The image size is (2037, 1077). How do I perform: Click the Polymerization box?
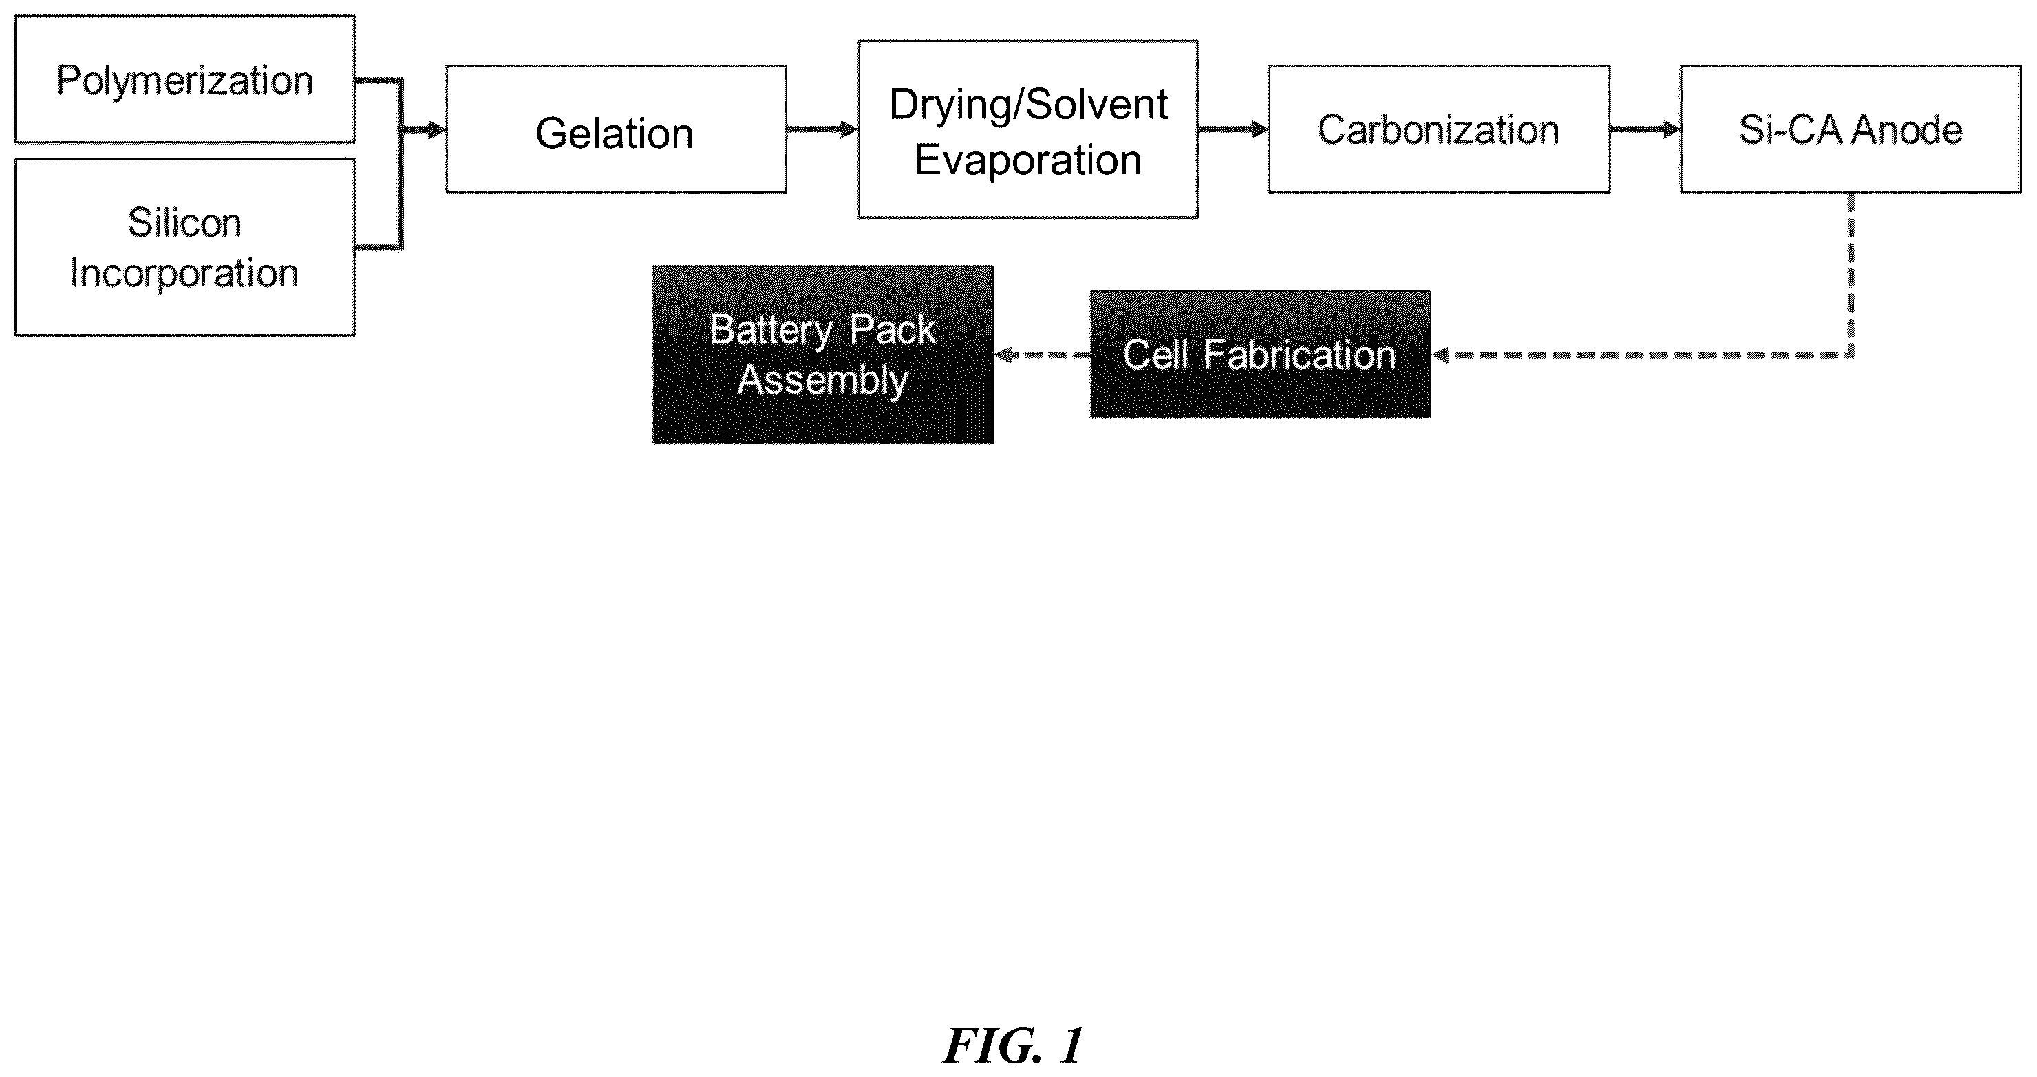(x=184, y=79)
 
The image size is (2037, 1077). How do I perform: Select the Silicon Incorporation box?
(x=184, y=247)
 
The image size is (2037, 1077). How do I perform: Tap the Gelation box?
(x=616, y=129)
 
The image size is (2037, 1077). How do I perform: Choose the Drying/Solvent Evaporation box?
(x=1028, y=129)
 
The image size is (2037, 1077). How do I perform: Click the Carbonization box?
(x=1439, y=129)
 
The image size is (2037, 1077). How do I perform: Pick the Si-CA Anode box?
(x=1851, y=129)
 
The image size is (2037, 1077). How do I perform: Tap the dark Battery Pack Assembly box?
(x=823, y=354)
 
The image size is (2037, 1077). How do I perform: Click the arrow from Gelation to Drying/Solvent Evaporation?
(x=822, y=129)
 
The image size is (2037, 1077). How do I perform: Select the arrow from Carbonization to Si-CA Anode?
(x=1645, y=129)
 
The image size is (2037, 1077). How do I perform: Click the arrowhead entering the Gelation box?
(x=436, y=129)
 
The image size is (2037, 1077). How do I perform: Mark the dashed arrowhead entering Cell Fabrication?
(x=1440, y=355)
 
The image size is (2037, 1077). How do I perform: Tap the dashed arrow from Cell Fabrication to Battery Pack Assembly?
(x=1042, y=355)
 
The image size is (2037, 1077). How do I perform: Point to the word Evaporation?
(x=1028, y=160)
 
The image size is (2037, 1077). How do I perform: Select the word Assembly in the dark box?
(x=822, y=381)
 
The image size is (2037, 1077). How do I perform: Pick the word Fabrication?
(x=1300, y=355)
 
